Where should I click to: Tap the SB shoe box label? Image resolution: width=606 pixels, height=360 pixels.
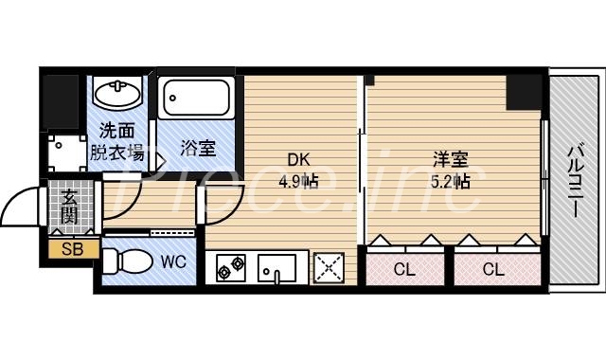tap(72, 250)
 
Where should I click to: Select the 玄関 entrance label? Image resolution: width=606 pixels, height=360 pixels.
tap(71, 207)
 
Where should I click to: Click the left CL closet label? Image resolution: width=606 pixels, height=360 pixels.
tap(404, 269)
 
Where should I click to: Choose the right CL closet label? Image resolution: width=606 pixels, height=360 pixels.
tap(492, 269)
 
